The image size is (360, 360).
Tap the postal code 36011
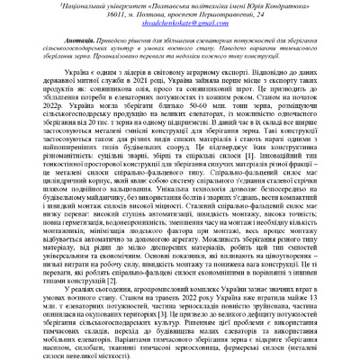click(94, 15)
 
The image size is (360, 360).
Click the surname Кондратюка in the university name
click(284, 5)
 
